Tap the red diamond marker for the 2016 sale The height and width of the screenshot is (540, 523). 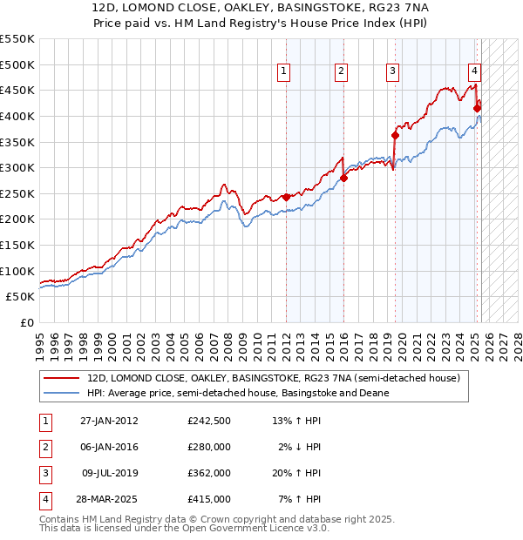[x=343, y=178]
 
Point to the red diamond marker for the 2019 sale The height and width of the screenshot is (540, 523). [x=395, y=135]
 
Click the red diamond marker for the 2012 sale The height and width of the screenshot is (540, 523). [x=286, y=197]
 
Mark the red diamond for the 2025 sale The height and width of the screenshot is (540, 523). [x=478, y=108]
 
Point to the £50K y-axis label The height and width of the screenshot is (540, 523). [x=21, y=297]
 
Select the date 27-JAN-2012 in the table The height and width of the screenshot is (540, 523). [x=109, y=422]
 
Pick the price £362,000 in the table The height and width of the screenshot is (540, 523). [x=208, y=473]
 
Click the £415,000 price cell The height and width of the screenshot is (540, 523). [x=208, y=499]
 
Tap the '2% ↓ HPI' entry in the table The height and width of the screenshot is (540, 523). [x=299, y=447]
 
